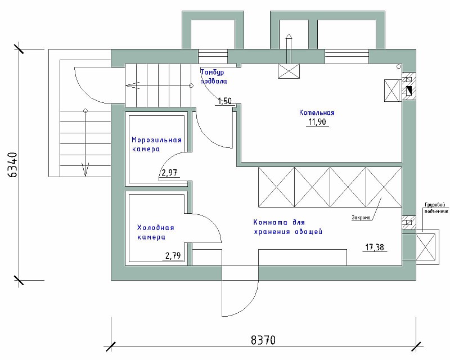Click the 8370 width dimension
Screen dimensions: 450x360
pos(263,340)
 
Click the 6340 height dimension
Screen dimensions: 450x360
pos(12,165)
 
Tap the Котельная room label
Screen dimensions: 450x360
pos(317,112)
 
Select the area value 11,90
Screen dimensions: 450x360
pos(317,122)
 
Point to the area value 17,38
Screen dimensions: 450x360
pos(375,247)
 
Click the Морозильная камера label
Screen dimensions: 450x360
pos(156,145)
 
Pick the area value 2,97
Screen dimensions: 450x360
pos(169,173)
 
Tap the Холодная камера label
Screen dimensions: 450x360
pos(156,232)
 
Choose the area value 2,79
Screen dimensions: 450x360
pos(173,255)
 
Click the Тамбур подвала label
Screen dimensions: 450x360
pos(214,76)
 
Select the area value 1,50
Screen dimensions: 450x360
pos(224,101)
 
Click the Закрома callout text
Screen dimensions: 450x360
pos(361,218)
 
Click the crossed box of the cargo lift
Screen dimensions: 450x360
pos(426,247)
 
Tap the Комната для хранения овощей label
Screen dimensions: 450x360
pos(288,227)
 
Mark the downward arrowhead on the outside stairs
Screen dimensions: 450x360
pos(85,169)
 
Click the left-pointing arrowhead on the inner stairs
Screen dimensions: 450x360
pos(132,85)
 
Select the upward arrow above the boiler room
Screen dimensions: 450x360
pos(289,48)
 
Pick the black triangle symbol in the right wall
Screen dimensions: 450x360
pos(409,91)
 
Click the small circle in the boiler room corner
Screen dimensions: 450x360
pos(399,66)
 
